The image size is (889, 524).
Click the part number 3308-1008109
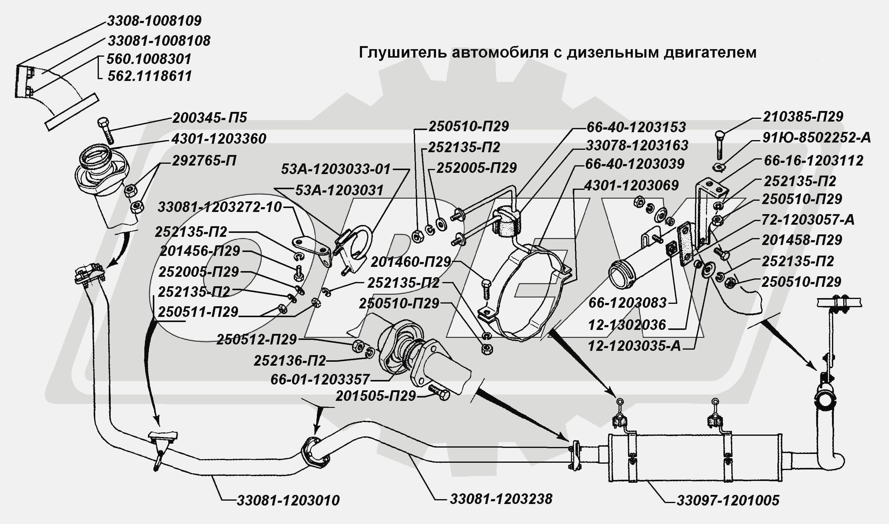tap(154, 21)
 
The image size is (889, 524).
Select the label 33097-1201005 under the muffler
tap(728, 501)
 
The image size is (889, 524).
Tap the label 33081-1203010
tap(288, 500)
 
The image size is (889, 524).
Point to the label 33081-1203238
tap(501, 499)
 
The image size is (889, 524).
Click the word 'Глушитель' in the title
tap(402, 52)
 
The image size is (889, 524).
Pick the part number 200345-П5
tap(209, 118)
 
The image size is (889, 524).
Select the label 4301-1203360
tap(219, 139)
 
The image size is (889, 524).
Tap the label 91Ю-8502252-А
tap(816, 138)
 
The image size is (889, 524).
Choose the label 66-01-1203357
tap(320, 380)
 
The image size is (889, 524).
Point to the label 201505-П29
tap(375, 396)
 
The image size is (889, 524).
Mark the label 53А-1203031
tap(339, 191)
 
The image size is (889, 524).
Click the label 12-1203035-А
tap(634, 346)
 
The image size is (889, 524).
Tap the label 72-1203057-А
tap(808, 220)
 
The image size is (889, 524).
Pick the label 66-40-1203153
tap(636, 127)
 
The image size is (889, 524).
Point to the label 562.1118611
tap(149, 76)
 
